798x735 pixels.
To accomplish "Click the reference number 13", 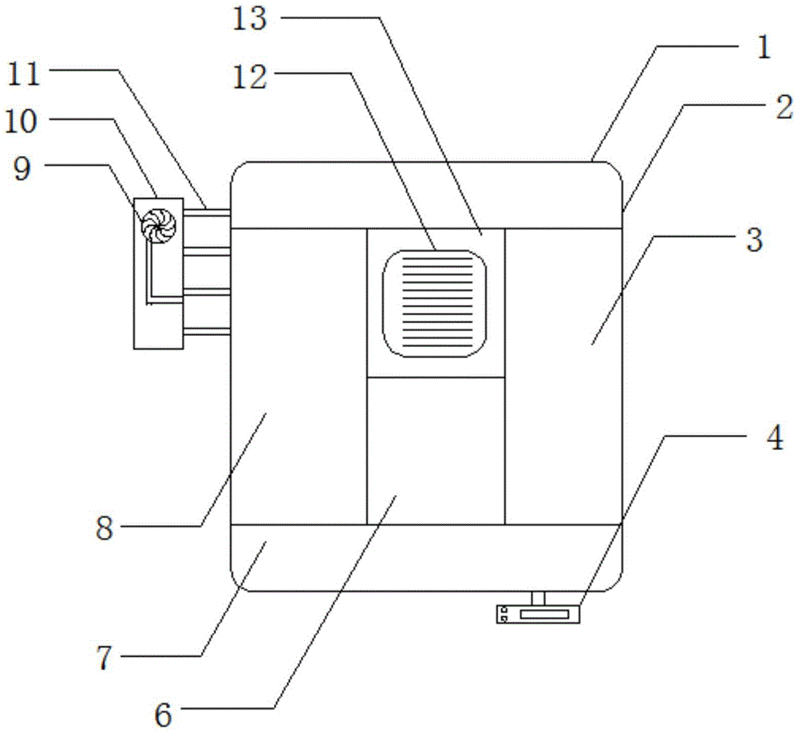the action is click(249, 19).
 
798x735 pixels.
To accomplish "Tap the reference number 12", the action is click(249, 78).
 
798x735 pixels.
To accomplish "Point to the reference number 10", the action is click(21, 122).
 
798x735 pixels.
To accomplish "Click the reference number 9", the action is click(22, 169).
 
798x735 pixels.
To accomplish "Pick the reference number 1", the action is click(764, 48).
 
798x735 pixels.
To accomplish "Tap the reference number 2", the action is click(784, 108).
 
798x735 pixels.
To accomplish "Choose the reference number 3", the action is click(755, 239).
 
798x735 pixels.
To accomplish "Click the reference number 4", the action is click(775, 438).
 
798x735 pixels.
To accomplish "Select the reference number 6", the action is click(163, 716).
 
